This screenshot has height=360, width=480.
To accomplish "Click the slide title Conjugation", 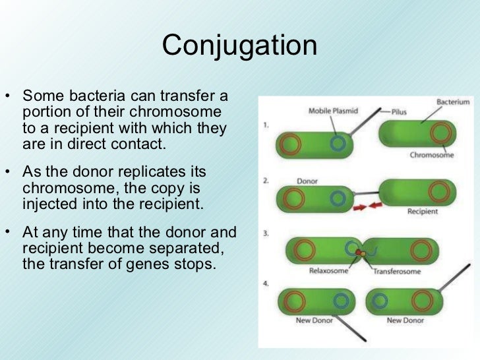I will [240, 45].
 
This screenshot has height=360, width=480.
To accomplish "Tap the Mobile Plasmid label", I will [334, 111].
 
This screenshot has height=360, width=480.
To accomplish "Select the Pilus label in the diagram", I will [403, 112].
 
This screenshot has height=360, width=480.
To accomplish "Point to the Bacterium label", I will [453, 102].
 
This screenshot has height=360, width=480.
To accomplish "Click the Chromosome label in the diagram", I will [432, 156].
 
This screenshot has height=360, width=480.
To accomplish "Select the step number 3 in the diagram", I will [265, 233].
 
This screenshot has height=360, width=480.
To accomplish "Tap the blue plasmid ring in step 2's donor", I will [339, 197].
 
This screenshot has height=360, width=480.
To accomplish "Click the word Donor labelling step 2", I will [307, 180].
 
